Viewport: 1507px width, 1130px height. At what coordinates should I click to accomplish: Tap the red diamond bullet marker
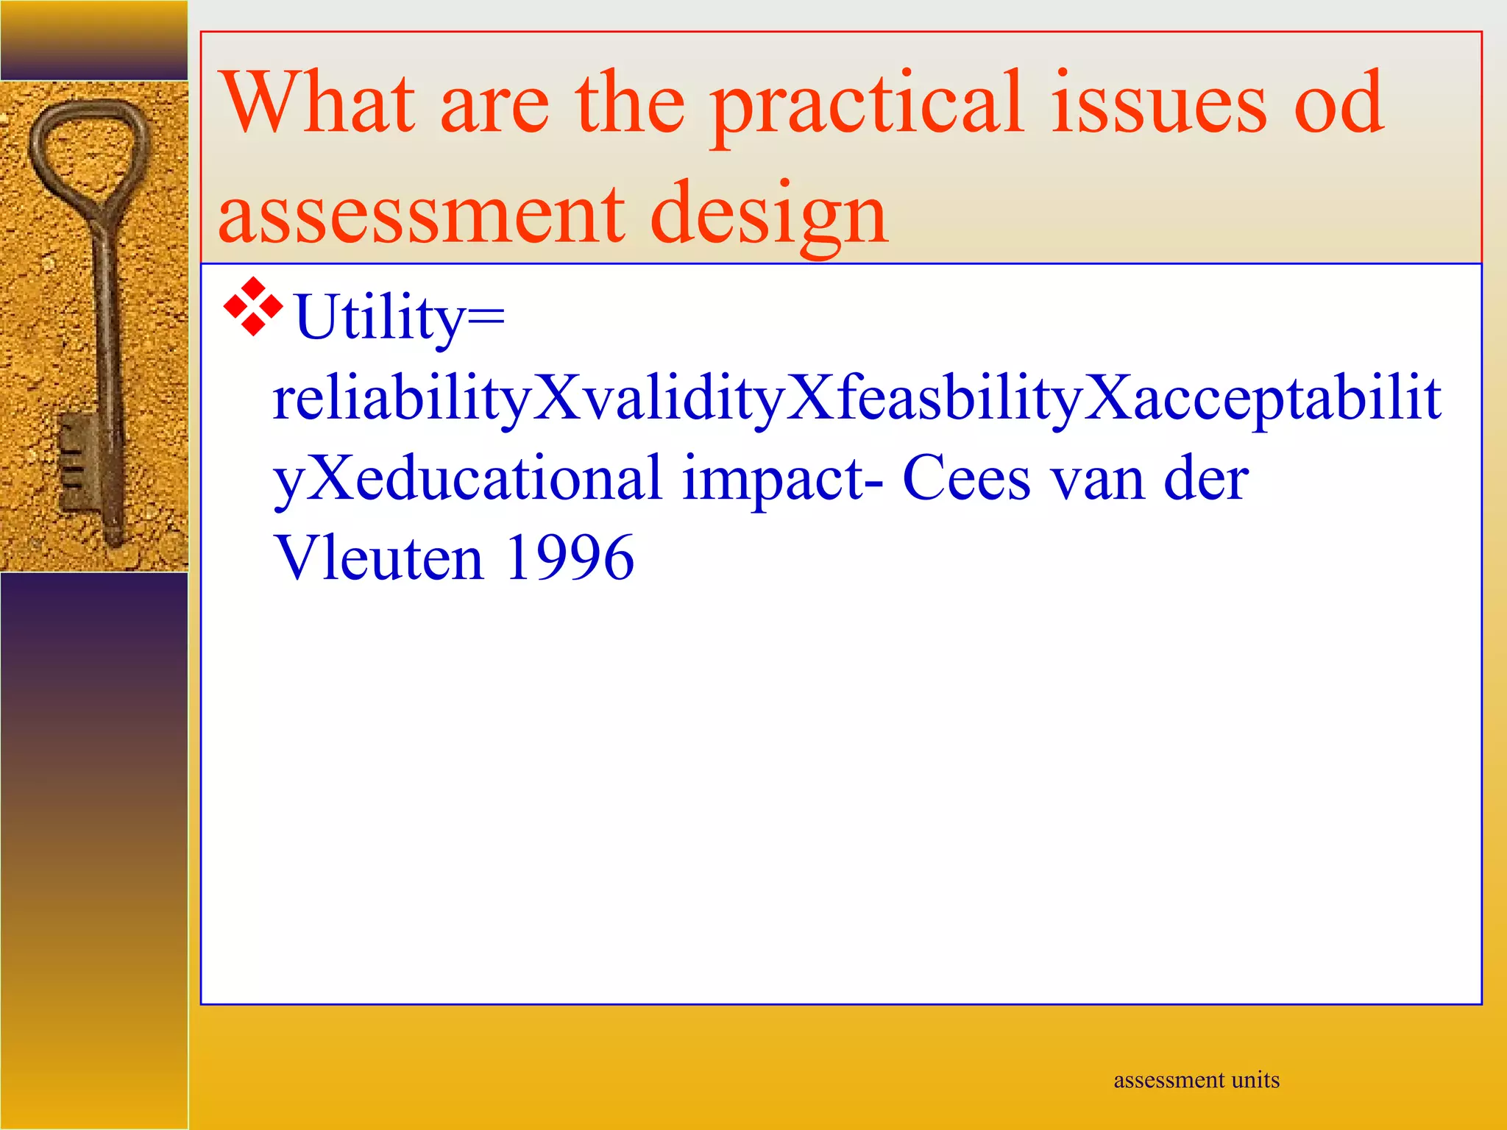253,308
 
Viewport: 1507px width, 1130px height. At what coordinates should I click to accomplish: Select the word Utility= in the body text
400,318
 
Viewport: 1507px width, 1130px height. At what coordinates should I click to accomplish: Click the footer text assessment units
1196,1080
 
